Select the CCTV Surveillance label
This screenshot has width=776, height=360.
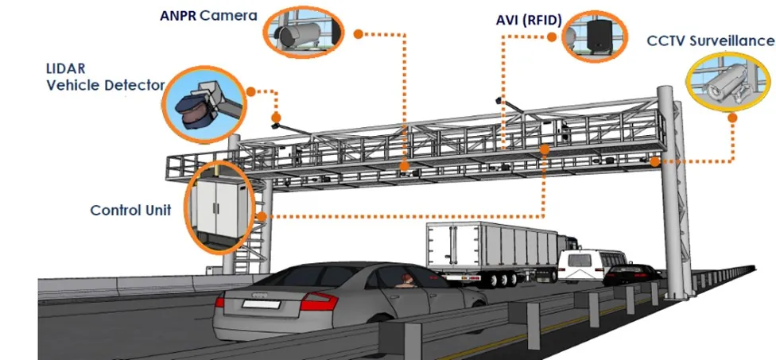(x=709, y=40)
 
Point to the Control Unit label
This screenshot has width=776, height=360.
(x=130, y=211)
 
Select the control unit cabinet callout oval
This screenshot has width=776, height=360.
(x=217, y=202)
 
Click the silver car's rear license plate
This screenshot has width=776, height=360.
(x=258, y=303)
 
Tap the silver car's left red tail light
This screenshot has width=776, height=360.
(x=319, y=301)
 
